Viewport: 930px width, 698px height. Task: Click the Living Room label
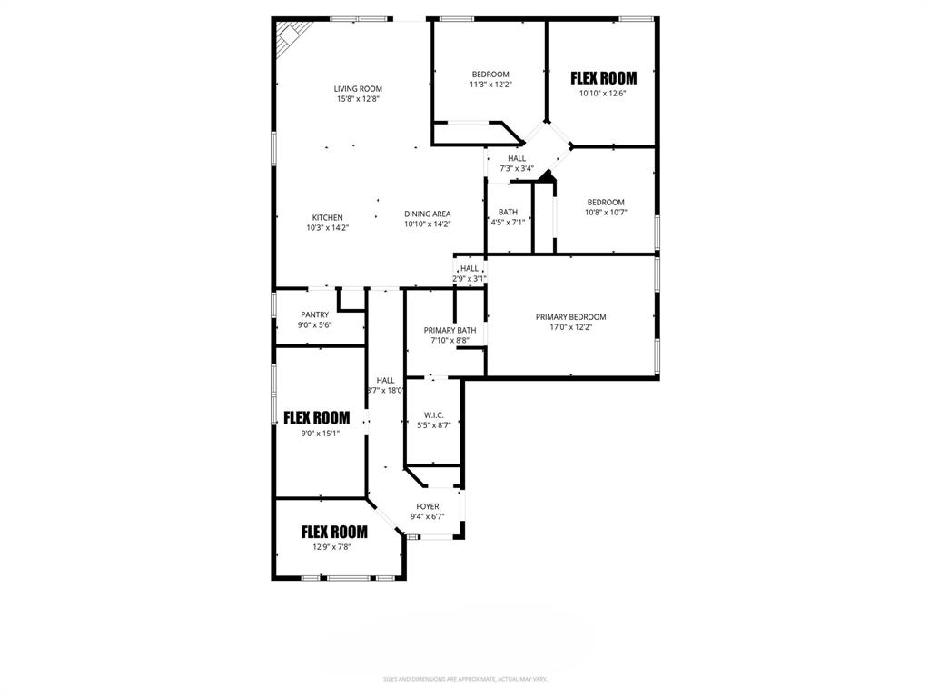(x=357, y=88)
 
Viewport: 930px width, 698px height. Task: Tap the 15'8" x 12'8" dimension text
(x=357, y=99)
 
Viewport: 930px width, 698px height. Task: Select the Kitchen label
(x=327, y=217)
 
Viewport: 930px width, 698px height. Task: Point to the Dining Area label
(x=427, y=214)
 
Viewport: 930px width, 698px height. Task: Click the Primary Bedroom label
(x=570, y=317)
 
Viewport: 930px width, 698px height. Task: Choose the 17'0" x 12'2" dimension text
(x=570, y=327)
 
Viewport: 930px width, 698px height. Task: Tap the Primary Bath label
(x=450, y=330)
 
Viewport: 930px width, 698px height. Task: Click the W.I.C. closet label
(x=432, y=414)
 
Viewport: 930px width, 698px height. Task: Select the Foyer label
(x=427, y=506)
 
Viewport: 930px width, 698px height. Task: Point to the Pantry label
(x=314, y=314)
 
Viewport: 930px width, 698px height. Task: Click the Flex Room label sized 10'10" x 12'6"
(x=603, y=78)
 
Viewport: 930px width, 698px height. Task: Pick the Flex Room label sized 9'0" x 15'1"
(x=316, y=418)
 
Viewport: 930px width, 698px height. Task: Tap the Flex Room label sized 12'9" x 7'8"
(x=334, y=533)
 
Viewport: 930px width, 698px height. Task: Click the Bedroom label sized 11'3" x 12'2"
(x=490, y=74)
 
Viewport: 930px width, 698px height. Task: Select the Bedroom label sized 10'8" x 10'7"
(x=605, y=202)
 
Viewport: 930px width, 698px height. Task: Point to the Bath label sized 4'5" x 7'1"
(x=508, y=212)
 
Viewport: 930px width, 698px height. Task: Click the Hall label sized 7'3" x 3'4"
(x=517, y=158)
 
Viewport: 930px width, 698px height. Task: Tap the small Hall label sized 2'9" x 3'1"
(x=470, y=268)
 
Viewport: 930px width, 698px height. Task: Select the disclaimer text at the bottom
(x=465, y=679)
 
